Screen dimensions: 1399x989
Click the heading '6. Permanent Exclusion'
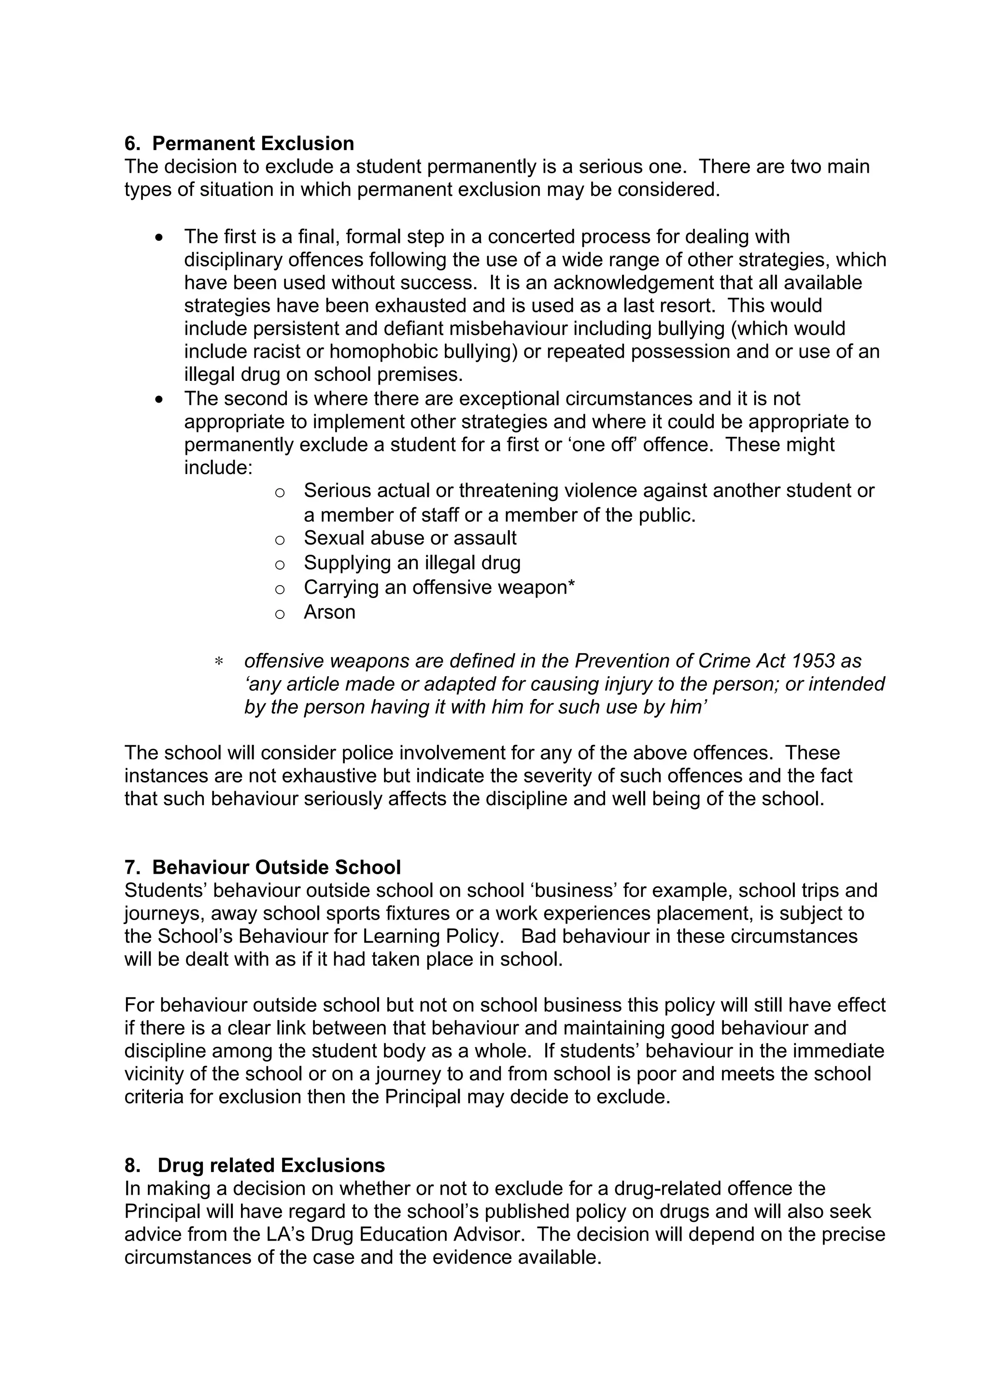tap(239, 144)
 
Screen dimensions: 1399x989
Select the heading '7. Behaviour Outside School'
tap(263, 867)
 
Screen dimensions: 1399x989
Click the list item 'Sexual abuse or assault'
tap(410, 538)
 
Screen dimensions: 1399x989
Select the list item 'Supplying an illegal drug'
tap(412, 562)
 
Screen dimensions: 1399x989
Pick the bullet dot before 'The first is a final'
tap(160, 238)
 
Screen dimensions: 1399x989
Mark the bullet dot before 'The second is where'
tap(160, 400)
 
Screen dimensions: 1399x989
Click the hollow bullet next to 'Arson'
tap(280, 614)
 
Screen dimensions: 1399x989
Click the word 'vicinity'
tap(160, 1074)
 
